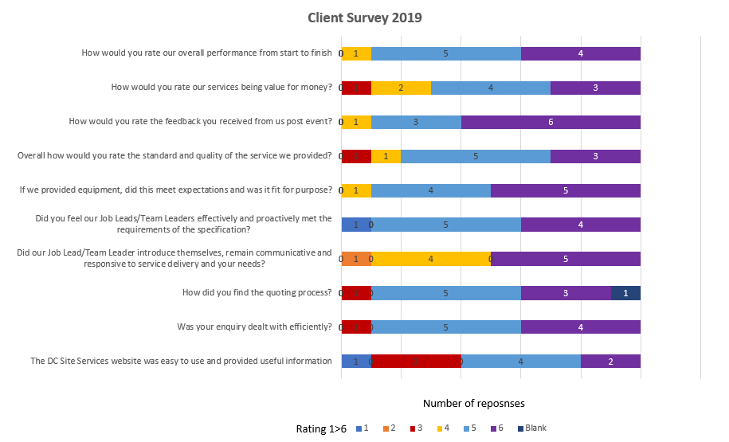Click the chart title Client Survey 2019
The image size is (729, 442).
(365, 17)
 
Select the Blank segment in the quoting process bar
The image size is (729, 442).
(625, 292)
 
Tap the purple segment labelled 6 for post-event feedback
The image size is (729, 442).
(551, 122)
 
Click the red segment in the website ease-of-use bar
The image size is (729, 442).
(416, 361)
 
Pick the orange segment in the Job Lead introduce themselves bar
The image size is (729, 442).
(356, 258)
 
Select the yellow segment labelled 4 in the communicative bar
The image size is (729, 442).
(430, 258)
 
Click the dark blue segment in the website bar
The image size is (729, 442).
(356, 361)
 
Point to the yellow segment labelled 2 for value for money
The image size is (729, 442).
(401, 88)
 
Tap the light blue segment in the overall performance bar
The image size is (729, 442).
(445, 53)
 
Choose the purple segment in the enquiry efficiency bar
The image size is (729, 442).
(580, 327)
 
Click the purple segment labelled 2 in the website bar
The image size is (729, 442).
(610, 361)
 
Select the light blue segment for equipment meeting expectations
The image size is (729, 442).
(430, 190)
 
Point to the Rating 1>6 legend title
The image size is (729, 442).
(321, 428)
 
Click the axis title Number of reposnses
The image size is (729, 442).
(473, 403)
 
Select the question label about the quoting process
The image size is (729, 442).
(257, 292)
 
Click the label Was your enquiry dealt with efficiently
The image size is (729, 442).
(254, 327)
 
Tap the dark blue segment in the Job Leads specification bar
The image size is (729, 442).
(356, 225)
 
